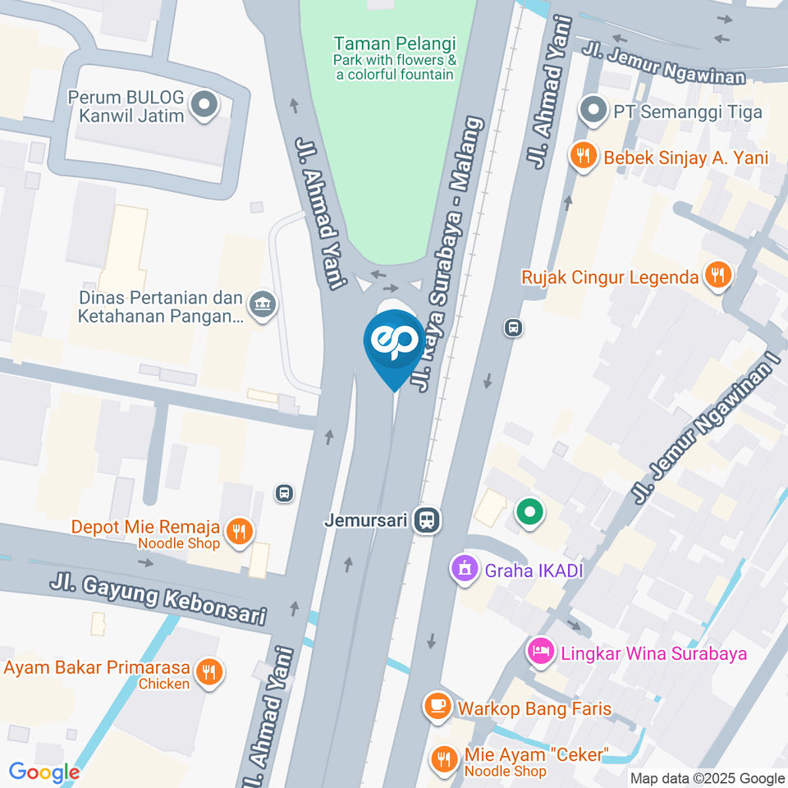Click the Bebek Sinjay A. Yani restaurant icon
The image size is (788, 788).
tap(584, 157)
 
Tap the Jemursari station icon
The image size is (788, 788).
tap(425, 520)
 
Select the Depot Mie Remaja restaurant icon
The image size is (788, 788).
tap(239, 530)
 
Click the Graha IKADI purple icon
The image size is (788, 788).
tap(465, 569)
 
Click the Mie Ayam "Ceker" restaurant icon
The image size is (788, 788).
tap(445, 760)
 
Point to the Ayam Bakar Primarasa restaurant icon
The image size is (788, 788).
tap(209, 673)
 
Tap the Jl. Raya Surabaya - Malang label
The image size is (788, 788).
tap(448, 254)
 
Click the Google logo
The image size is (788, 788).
tap(44, 772)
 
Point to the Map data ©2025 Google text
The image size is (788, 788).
tap(708, 778)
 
